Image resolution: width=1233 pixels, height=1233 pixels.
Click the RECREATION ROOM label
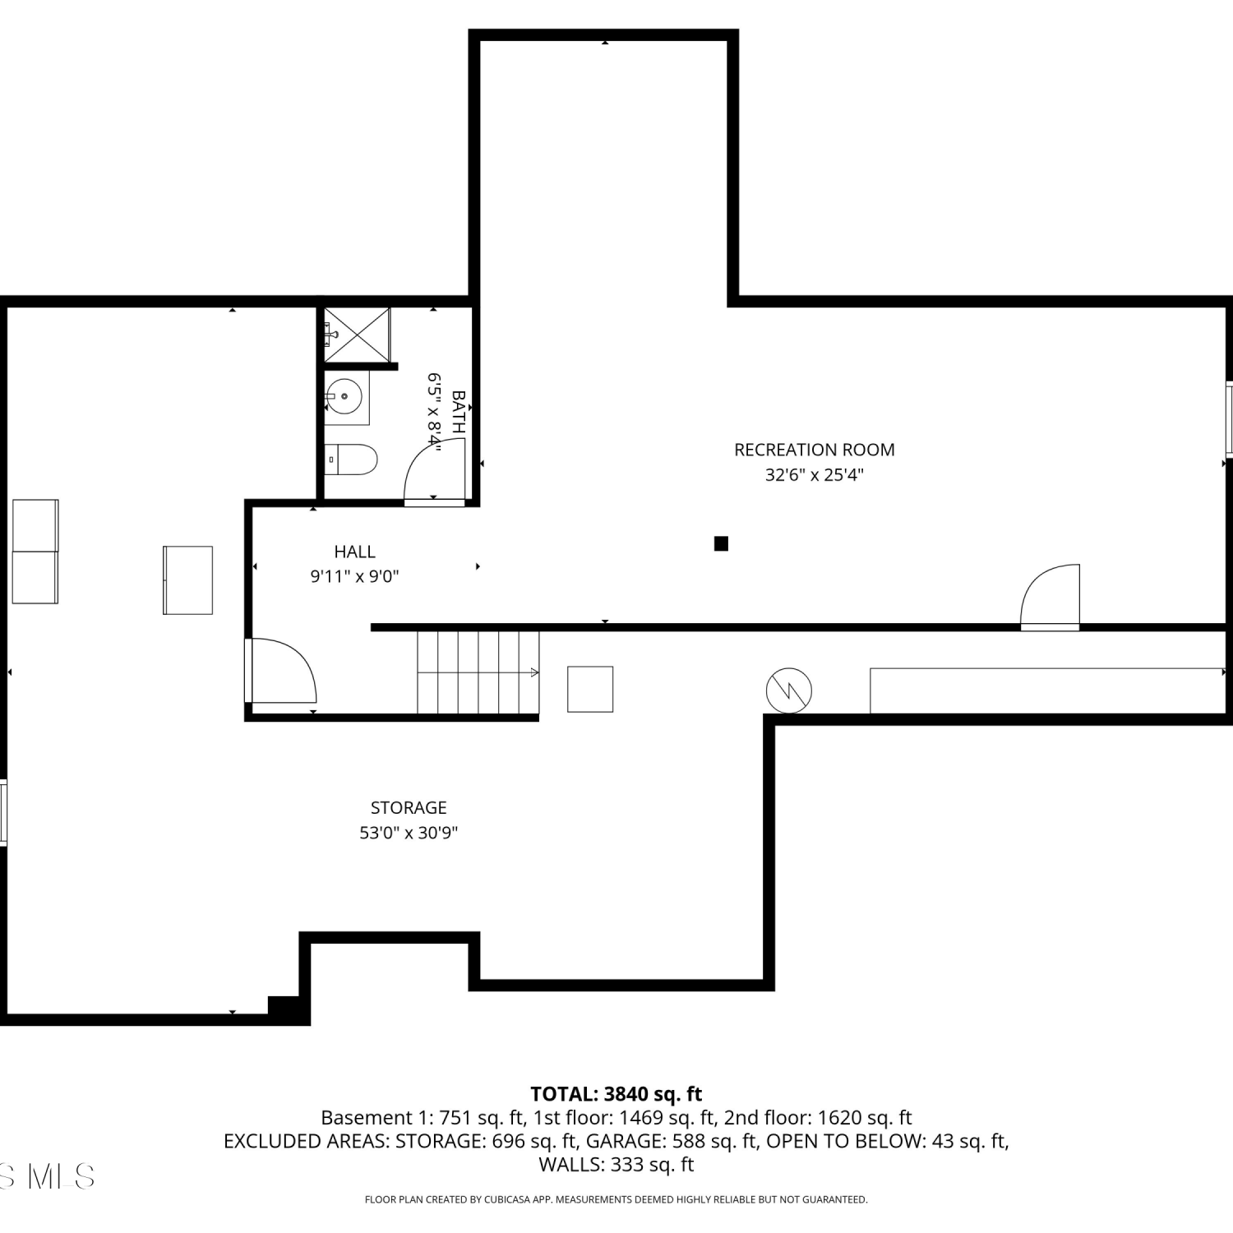(814, 450)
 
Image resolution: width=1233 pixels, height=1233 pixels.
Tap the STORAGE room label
(409, 807)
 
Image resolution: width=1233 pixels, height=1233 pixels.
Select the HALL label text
(354, 552)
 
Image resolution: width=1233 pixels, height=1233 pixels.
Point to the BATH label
(459, 412)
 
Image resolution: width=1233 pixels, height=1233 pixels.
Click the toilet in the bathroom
(350, 459)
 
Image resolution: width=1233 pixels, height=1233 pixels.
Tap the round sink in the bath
(344, 397)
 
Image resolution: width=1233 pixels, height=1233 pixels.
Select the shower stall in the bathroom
(357, 335)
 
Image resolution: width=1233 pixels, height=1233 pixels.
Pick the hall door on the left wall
(280, 671)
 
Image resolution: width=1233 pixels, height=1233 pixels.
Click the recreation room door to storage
(1050, 597)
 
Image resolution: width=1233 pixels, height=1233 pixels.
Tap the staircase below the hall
(478, 672)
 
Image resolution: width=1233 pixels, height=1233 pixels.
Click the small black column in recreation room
(721, 543)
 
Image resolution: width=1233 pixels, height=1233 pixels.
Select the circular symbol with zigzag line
(789, 690)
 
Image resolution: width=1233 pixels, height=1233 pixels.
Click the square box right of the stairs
(590, 689)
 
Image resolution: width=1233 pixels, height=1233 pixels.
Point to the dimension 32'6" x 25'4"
(814, 475)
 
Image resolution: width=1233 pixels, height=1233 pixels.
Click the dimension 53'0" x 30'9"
(409, 833)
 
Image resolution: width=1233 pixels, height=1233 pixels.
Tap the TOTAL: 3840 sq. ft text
(616, 1094)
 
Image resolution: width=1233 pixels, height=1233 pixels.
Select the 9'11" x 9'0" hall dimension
(354, 576)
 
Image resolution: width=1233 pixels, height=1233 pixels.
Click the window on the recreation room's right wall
(1229, 418)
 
